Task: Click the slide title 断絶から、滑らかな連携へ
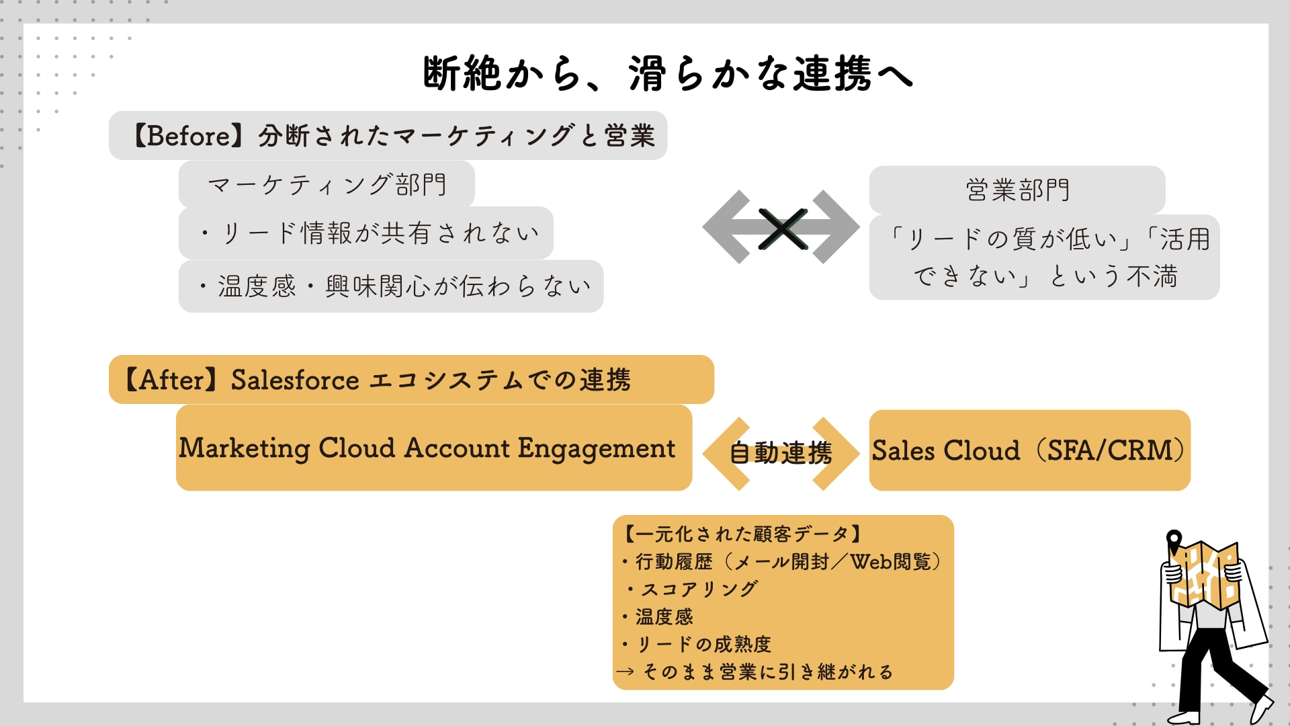pyautogui.click(x=667, y=73)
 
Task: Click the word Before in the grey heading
pyautogui.click(x=189, y=136)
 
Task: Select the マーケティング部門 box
pyautogui.click(x=327, y=185)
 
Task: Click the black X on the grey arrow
pyautogui.click(x=782, y=229)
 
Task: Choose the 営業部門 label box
pyautogui.click(x=1017, y=190)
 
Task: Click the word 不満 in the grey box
pyautogui.click(x=1152, y=276)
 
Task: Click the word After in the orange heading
pyautogui.click(x=171, y=380)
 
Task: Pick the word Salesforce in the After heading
pyautogui.click(x=295, y=380)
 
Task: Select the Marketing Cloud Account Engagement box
pyautogui.click(x=433, y=448)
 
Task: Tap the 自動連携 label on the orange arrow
pyautogui.click(x=781, y=453)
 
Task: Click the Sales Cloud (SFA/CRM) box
pyautogui.click(x=1029, y=450)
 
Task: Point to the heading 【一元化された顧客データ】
pyautogui.click(x=741, y=534)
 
